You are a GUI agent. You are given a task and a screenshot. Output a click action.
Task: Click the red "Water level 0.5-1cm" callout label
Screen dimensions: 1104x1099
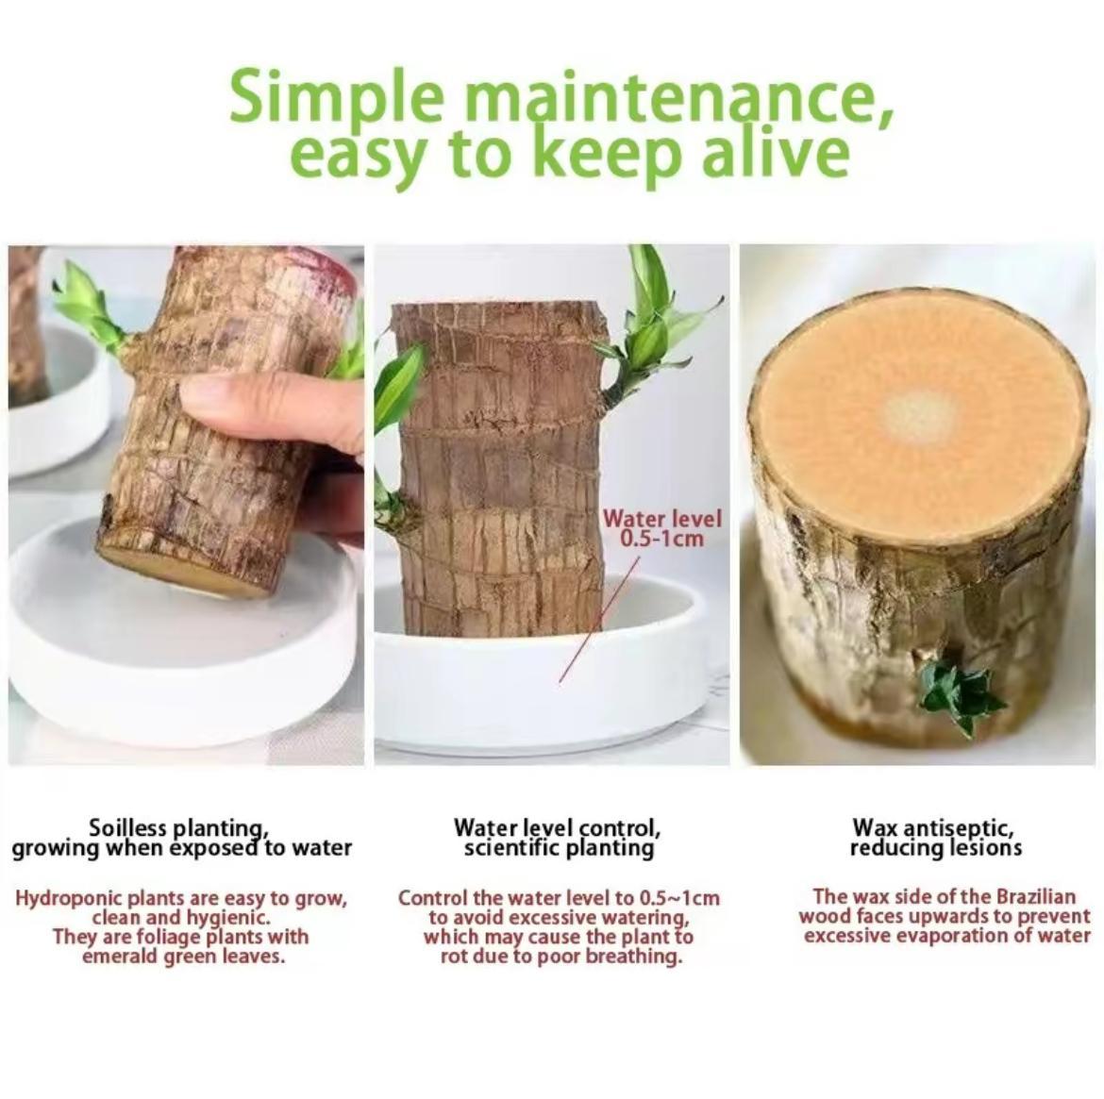[662, 528]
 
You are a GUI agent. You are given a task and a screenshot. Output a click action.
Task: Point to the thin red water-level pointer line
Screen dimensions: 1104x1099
[599, 619]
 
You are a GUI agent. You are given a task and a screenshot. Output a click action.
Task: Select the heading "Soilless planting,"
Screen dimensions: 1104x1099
[178, 827]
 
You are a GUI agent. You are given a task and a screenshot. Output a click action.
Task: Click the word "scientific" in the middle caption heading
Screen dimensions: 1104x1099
[513, 848]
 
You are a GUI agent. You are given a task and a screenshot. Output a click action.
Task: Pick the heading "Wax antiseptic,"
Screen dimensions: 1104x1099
[933, 826]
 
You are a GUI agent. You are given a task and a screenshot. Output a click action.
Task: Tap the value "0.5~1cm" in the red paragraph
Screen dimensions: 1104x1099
[679, 898]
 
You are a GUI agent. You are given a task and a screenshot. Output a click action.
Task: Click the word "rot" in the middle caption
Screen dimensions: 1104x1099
[456, 957]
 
